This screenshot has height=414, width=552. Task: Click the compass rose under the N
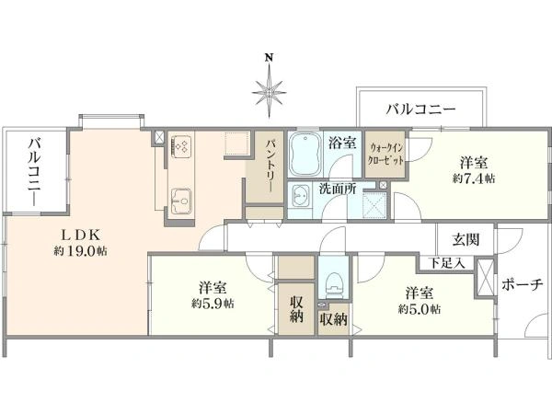click(270, 91)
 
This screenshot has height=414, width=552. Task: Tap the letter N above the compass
click(270, 57)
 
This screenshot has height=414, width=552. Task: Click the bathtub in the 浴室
click(305, 155)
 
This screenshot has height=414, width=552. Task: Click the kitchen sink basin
click(181, 201)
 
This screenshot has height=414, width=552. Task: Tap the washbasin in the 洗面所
click(299, 196)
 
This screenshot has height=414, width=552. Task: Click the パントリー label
click(270, 166)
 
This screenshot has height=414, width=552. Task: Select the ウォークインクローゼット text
click(385, 155)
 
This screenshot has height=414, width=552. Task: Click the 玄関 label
click(466, 240)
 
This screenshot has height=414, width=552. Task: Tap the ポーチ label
click(522, 284)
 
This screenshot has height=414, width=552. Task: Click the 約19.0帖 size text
click(81, 251)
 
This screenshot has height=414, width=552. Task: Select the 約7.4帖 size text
click(474, 178)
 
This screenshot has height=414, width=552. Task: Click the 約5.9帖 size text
click(213, 303)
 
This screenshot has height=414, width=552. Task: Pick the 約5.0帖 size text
click(420, 309)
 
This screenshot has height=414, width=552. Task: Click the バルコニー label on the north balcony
click(421, 109)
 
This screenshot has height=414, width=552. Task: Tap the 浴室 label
click(342, 144)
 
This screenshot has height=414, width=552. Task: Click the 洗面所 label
click(338, 189)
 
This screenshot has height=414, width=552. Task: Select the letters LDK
click(81, 234)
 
